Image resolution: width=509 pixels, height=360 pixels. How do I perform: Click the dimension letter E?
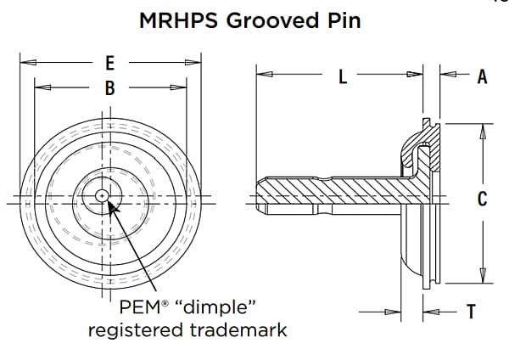[x=110, y=62]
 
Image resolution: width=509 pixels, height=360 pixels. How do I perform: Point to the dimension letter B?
[x=110, y=87]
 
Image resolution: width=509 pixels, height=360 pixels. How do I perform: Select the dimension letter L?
[x=343, y=77]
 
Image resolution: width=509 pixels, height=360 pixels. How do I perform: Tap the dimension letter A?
[x=481, y=77]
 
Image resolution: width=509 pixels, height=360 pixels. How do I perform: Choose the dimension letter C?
[x=481, y=200]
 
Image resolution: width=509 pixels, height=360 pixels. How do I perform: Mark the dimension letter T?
[x=472, y=312]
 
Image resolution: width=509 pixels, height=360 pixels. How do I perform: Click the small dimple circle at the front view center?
[x=102, y=195]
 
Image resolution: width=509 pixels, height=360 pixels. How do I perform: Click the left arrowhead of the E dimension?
[x=25, y=62]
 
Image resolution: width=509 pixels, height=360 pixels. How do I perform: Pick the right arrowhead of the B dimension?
[x=181, y=87]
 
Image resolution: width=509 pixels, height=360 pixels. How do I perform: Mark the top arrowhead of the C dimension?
[x=481, y=128]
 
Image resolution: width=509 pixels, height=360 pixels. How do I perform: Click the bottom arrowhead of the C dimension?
[x=481, y=277]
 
